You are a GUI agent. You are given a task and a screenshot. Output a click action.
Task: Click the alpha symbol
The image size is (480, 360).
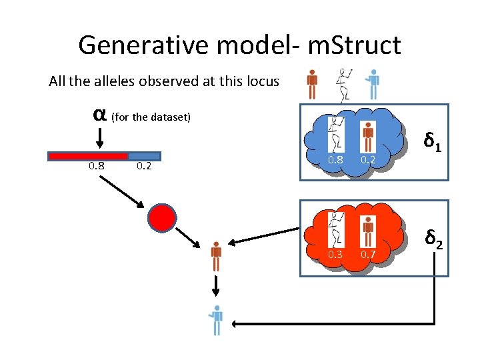tap(99, 114)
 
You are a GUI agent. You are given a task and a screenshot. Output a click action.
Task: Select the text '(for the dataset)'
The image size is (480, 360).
tap(151, 117)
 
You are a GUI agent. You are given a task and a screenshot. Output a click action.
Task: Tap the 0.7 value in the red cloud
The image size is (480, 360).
tap(368, 254)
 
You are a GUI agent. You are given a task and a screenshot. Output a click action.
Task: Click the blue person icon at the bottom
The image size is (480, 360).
tap(215, 319)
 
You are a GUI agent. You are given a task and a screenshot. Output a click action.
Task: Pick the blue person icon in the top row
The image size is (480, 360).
tap(373, 83)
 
